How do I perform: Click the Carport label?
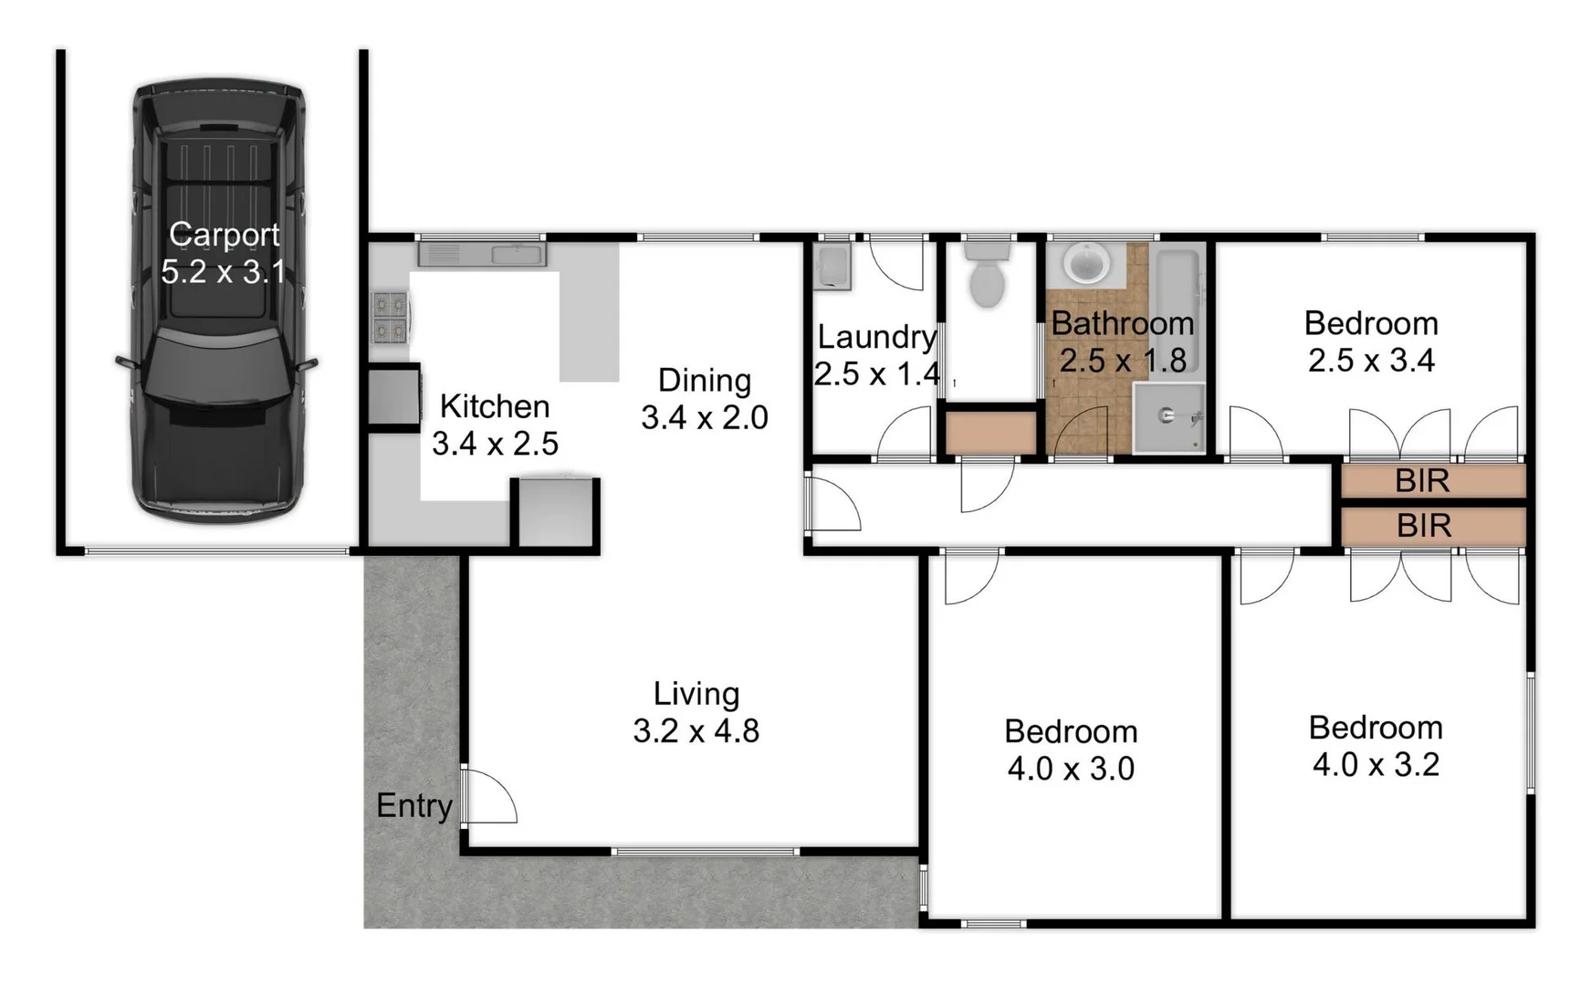pos(224,236)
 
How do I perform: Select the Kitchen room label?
pos(494,406)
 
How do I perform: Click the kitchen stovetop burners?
pos(390,317)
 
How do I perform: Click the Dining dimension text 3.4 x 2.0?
pos(704,418)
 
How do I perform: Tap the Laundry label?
pos(876,337)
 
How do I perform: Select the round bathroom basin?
pos(1086,264)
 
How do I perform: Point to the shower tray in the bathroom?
pos(1169,418)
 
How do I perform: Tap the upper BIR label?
pos(1422,481)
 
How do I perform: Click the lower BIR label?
pos(1423,527)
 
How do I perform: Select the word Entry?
pos(414,806)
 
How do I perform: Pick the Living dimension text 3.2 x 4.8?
pos(696,731)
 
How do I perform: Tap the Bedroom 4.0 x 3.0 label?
pos(1071,750)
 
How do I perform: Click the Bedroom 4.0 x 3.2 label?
pos(1376,746)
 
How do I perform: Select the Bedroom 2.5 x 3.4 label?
pos(1371,341)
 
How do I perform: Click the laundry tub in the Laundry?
pos(832,266)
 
